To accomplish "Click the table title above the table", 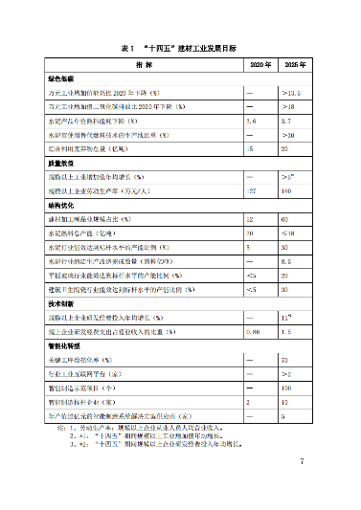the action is pos(180,46).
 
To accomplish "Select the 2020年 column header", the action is pos(261,63).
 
